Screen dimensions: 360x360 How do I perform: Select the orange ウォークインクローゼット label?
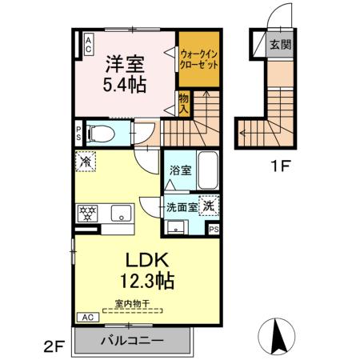click(x=198, y=58)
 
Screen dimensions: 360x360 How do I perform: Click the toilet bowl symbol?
click(x=99, y=133)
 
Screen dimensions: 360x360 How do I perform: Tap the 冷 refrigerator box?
click(x=86, y=161)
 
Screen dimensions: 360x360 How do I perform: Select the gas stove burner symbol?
click(x=86, y=213)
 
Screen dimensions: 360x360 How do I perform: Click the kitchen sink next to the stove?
click(x=121, y=213)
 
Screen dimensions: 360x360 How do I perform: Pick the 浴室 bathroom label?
click(x=179, y=170)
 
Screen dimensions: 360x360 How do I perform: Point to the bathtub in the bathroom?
click(x=207, y=170)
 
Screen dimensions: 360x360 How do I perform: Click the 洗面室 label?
click(x=181, y=206)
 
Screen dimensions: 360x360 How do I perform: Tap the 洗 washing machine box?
click(x=209, y=205)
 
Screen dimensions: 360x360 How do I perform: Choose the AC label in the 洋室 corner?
click(x=87, y=43)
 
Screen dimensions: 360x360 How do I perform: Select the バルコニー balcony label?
click(x=132, y=340)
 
